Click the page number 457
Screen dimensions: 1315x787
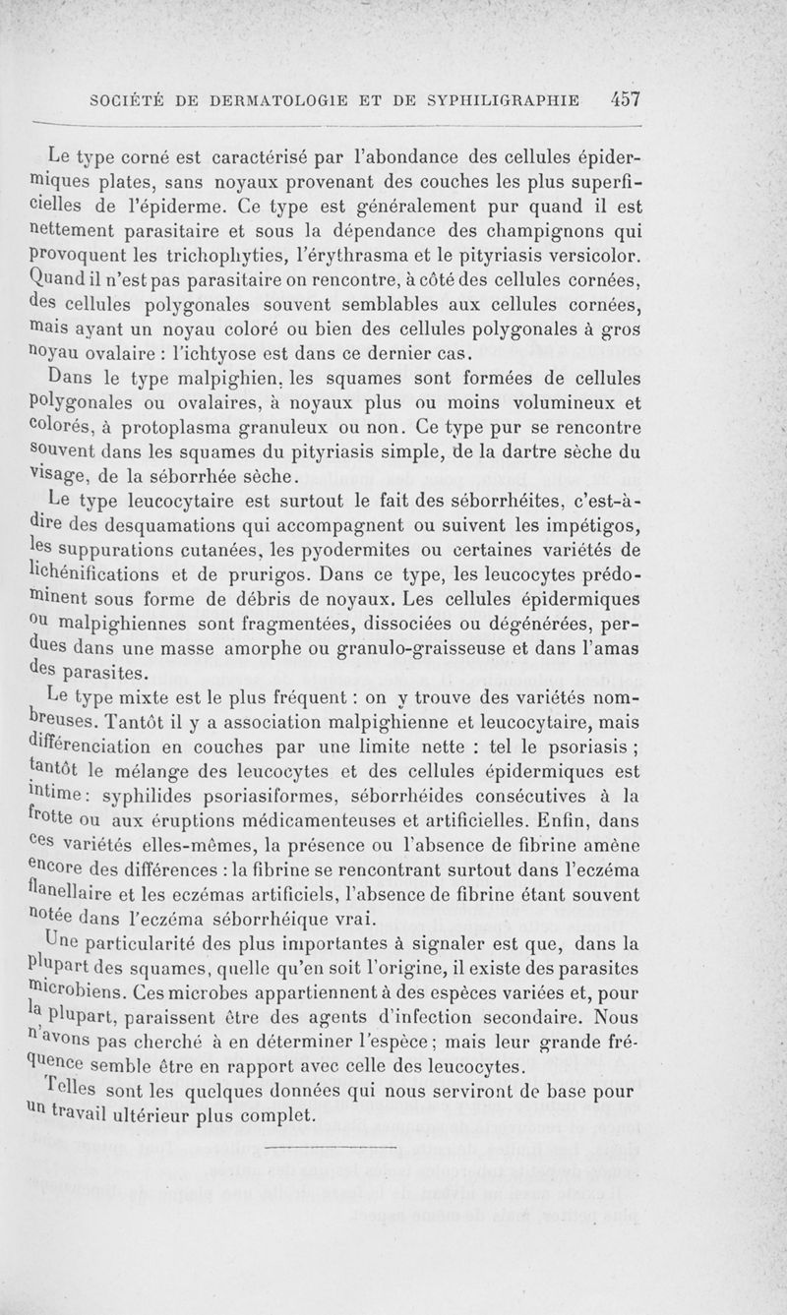[625, 98]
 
